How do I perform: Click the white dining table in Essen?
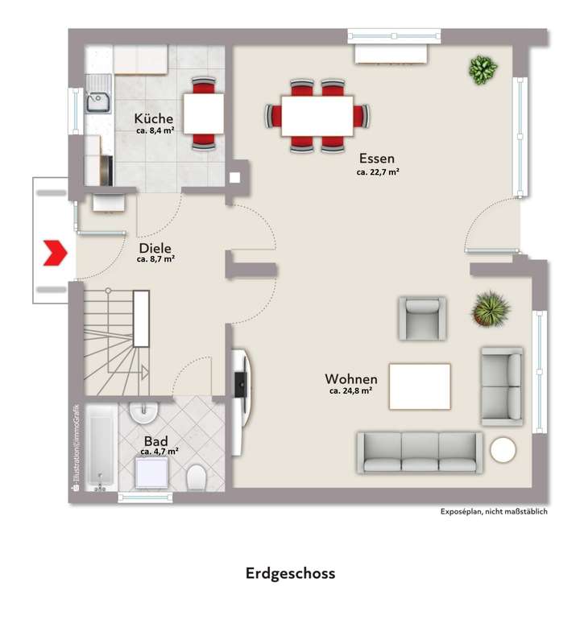click(x=317, y=115)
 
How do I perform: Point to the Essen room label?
click(x=377, y=159)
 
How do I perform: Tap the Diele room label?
click(x=155, y=249)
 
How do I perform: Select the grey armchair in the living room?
click(x=421, y=318)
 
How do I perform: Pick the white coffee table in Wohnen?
click(x=420, y=386)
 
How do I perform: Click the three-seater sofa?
click(x=420, y=452)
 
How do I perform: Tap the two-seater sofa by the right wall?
click(x=502, y=386)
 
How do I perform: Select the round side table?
click(x=503, y=449)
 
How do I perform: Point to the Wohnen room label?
click(x=350, y=378)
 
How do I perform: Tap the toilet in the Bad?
click(x=196, y=481)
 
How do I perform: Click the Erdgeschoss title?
click(x=290, y=573)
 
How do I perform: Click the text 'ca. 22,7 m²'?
click(x=378, y=171)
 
